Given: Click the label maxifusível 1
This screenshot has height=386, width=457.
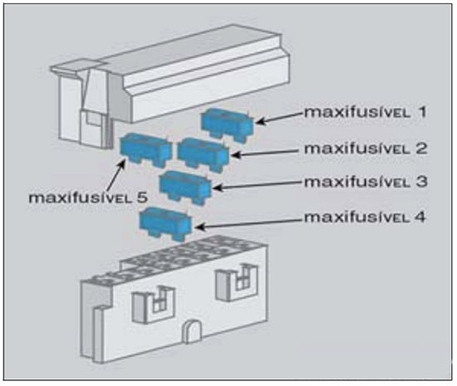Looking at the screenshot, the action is [366, 112].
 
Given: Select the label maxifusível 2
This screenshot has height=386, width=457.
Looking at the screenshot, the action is [366, 149].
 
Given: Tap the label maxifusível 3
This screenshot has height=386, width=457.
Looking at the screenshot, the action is [366, 182].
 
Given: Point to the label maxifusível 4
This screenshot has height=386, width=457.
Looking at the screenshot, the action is [366, 217].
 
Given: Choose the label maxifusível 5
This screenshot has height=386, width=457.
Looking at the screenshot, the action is [88, 198].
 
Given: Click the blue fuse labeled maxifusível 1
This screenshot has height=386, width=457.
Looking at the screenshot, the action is [227, 125].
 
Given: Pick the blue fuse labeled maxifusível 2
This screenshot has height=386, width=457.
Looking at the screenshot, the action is [204, 154].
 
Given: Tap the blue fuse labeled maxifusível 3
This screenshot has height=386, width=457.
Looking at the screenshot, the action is [185, 187].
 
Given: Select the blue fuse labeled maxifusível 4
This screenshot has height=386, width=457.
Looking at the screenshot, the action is [165, 224].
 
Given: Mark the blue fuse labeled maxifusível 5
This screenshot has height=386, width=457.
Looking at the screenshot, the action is [145, 149].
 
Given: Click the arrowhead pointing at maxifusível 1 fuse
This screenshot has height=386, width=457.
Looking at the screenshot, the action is [260, 121].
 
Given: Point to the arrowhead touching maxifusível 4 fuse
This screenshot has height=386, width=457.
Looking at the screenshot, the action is [199, 227].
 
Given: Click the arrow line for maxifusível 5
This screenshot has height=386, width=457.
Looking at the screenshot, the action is [115, 175].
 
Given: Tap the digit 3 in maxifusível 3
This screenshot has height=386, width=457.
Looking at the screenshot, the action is [421, 182].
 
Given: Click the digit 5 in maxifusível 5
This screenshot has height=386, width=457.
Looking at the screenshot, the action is [142, 198].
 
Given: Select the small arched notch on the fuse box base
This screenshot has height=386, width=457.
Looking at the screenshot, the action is [192, 331].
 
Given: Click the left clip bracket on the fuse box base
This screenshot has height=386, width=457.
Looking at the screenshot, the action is [154, 304].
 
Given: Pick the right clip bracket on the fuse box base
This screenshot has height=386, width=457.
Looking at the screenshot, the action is [237, 281].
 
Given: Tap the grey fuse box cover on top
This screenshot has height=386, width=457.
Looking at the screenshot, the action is [170, 85].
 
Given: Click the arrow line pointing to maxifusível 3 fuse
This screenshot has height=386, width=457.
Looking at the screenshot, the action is [258, 185].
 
